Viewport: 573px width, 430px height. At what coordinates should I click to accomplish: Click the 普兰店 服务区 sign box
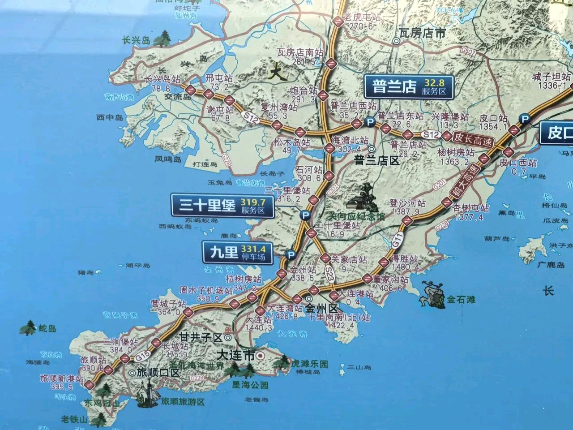408,86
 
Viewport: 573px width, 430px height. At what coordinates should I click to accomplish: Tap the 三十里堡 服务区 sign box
222,206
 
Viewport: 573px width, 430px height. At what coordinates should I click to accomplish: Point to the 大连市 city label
235,356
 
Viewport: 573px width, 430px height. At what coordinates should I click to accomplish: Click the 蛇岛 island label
46,329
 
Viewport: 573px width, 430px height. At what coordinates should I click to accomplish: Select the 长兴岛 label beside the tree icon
136,41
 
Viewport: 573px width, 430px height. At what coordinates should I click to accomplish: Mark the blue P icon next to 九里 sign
291,255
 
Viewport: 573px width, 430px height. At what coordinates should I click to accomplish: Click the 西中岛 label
109,117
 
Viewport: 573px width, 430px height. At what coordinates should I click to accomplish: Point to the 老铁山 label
74,419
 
